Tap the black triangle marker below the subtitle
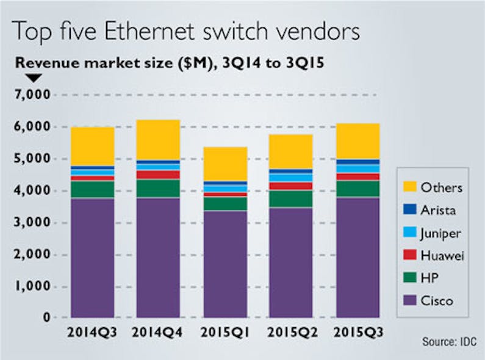pyautogui.click(x=34, y=77)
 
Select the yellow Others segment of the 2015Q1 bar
pyautogui.click(x=225, y=164)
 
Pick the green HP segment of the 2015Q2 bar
pyautogui.click(x=291, y=199)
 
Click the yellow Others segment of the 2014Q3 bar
pyautogui.click(x=92, y=146)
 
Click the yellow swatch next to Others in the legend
pyautogui.click(x=409, y=187)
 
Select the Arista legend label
pyautogui.click(x=438, y=210)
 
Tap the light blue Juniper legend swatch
pyautogui.click(x=409, y=232)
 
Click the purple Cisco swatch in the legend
pyautogui.click(x=409, y=301)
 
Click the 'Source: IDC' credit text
pyautogui.click(x=448, y=342)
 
